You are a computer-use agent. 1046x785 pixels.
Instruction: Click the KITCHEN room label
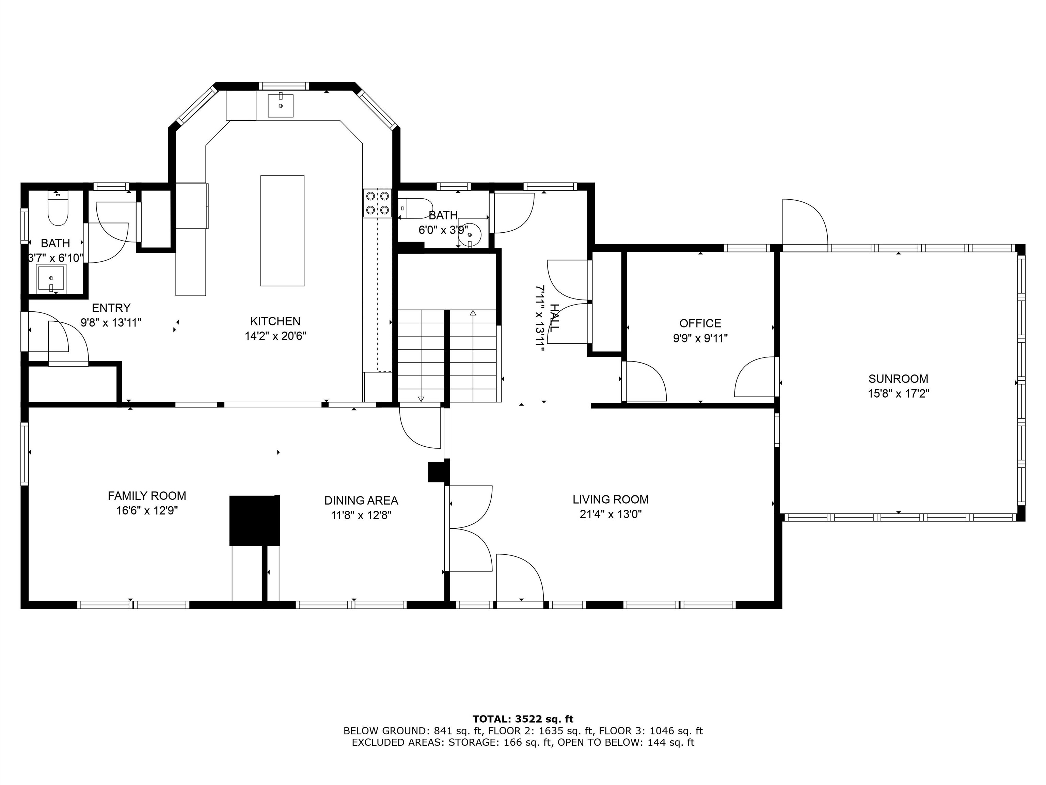pyautogui.click(x=275, y=321)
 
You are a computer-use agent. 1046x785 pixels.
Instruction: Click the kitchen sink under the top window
pyautogui.click(x=281, y=105)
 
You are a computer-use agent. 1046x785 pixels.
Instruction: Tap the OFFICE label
pyautogui.click(x=700, y=323)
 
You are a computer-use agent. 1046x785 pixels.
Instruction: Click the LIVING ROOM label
pyautogui.click(x=611, y=499)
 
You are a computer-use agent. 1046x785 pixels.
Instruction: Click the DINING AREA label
pyautogui.click(x=361, y=500)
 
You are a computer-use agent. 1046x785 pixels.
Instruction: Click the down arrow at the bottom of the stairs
pyautogui.click(x=421, y=399)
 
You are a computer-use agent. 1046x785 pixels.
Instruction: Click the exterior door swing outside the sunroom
pyautogui.click(x=804, y=222)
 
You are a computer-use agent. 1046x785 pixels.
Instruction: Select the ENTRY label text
pyautogui.click(x=111, y=308)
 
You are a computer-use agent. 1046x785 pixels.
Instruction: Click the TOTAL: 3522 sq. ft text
pyautogui.click(x=523, y=719)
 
